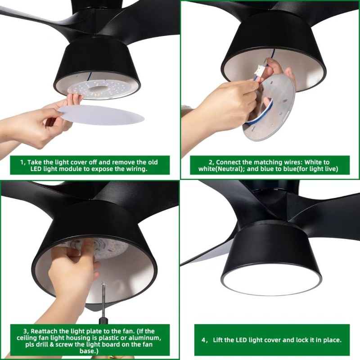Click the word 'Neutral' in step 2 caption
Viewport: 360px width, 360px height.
[x=229, y=169]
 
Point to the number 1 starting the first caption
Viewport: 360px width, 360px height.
[x=22, y=162]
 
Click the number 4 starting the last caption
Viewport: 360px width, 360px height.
[x=204, y=340]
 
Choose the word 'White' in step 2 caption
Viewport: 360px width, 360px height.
[x=313, y=162]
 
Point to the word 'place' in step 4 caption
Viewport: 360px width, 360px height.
[x=332, y=340]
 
